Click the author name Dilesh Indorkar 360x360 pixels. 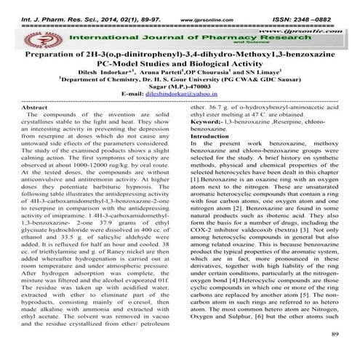[103, 73]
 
